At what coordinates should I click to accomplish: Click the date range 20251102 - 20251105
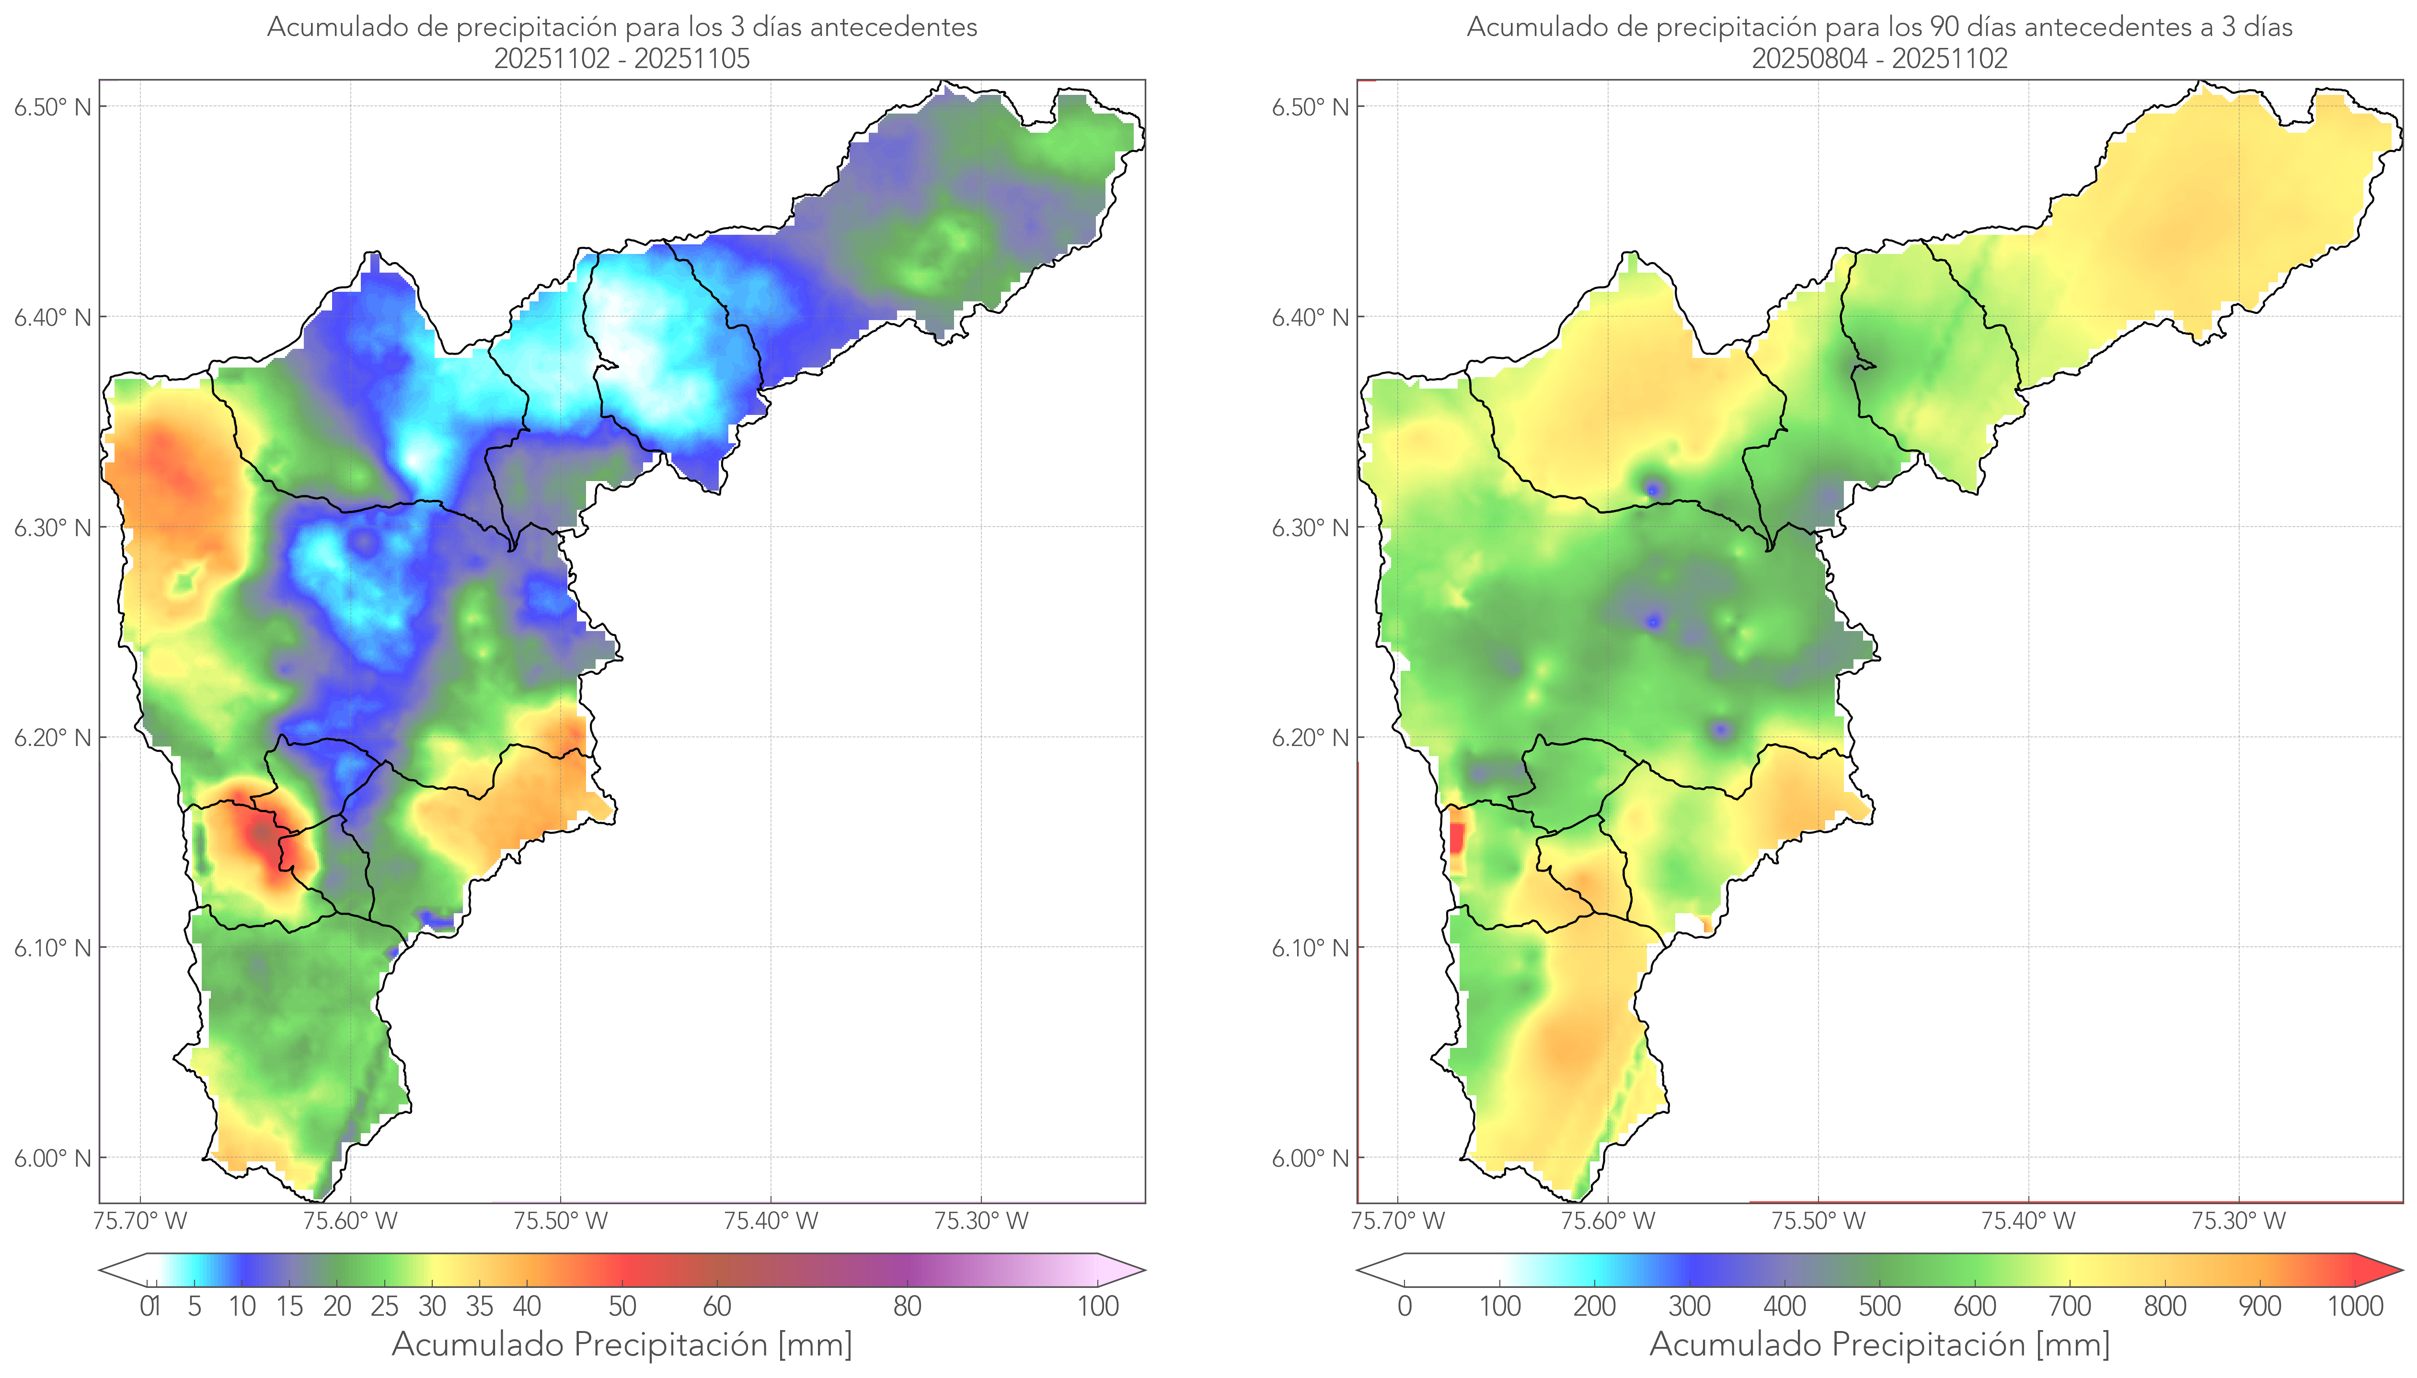[622, 58]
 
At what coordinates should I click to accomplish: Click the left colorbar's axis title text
[622, 1344]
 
